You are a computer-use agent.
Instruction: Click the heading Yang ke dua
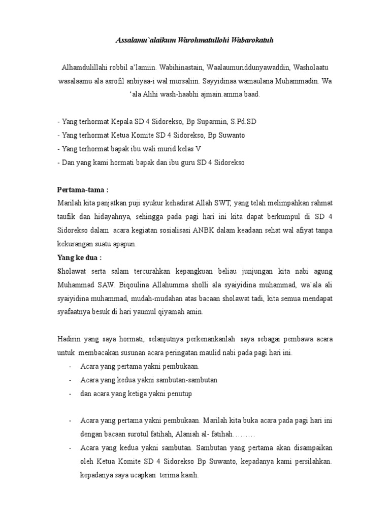tap(79, 257)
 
